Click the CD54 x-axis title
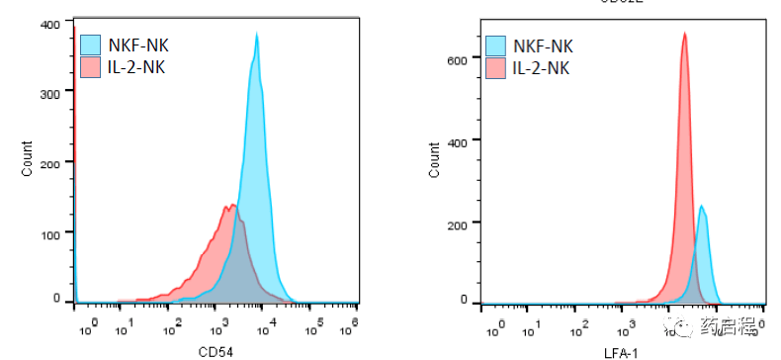point(215,350)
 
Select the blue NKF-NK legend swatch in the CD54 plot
point(91,44)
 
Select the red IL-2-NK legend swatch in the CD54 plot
point(91,66)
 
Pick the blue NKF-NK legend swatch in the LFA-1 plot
point(496,45)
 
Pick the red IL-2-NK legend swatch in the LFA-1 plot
point(496,68)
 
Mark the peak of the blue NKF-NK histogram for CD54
point(257,35)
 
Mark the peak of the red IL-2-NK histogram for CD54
point(232,206)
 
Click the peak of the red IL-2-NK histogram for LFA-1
point(684,34)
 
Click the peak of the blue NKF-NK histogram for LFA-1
point(701,207)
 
